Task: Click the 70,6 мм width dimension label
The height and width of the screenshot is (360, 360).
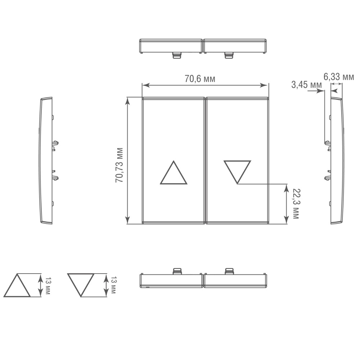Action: pyautogui.click(x=200, y=79)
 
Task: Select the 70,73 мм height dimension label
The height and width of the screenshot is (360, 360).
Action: pyautogui.click(x=120, y=165)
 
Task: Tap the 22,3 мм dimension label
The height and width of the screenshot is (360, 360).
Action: pyautogui.click(x=296, y=203)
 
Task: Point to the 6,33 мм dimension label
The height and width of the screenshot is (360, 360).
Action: pyautogui.click(x=338, y=77)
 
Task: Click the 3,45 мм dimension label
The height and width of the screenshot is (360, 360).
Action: pyautogui.click(x=306, y=85)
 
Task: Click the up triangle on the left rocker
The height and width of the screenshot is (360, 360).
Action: pyautogui.click(x=174, y=174)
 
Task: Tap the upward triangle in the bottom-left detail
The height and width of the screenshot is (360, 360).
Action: pyautogui.click(x=17, y=286)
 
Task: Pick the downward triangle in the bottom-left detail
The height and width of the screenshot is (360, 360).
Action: pyautogui.click(x=81, y=284)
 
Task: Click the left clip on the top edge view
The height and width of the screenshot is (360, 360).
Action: pyautogui.click(x=176, y=55)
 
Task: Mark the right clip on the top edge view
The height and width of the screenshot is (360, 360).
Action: pyautogui.click(x=229, y=55)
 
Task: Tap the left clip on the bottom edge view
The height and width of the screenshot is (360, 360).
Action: pyautogui.click(x=177, y=271)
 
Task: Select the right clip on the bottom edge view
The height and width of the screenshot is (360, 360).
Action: pyautogui.click(x=229, y=271)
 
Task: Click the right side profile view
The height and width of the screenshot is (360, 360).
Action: pyautogui.click(x=337, y=161)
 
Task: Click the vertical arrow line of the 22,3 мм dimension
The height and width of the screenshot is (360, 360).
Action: pyautogui.click(x=286, y=204)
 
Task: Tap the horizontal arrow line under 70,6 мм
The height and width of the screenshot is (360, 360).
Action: pyautogui.click(x=205, y=85)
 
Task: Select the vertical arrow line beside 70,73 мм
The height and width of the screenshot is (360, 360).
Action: pyautogui.click(x=127, y=161)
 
